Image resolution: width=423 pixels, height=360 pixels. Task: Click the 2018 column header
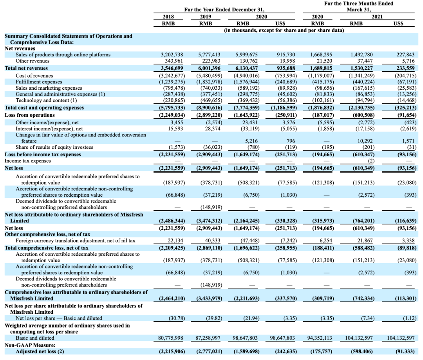(x=168, y=17)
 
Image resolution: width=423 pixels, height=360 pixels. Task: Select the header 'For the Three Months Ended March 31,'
(x=358, y=7)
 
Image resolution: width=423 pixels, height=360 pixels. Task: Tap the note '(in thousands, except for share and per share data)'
(x=284, y=30)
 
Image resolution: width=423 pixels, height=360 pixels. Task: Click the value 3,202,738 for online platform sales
(x=172, y=55)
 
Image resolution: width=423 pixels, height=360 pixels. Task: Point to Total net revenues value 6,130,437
(x=247, y=68)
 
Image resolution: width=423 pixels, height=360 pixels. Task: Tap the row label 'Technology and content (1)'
(x=46, y=100)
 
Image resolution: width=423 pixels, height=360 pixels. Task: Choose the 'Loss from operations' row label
(x=30, y=115)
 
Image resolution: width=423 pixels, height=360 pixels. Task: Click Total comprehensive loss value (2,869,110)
(x=209, y=248)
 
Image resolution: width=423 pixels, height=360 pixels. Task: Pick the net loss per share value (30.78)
(x=177, y=318)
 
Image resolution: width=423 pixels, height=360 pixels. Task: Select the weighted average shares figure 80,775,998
(x=170, y=338)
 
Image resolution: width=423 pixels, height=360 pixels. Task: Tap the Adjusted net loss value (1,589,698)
(x=247, y=352)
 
